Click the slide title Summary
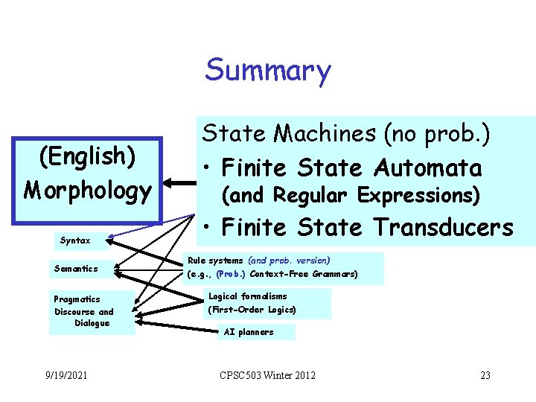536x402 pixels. coord(268,71)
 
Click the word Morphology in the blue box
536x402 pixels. coord(87,190)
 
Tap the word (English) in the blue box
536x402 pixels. coord(87,157)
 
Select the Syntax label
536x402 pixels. coord(75,240)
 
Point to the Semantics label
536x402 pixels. coord(76,268)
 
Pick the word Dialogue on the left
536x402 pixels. coord(92,323)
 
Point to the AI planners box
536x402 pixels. coord(249,332)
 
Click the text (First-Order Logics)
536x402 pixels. coord(252,309)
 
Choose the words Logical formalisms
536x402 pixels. coord(247,296)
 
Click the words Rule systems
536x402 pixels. coord(215,261)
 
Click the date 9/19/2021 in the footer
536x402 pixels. coord(66,375)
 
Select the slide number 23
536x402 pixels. coord(485,375)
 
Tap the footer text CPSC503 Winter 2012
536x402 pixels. coord(267,375)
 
